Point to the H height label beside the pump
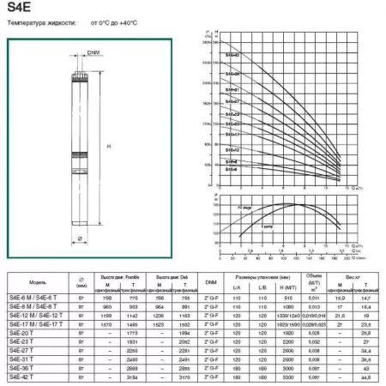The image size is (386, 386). click(108, 147)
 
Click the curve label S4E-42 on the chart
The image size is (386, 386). click(232, 56)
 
